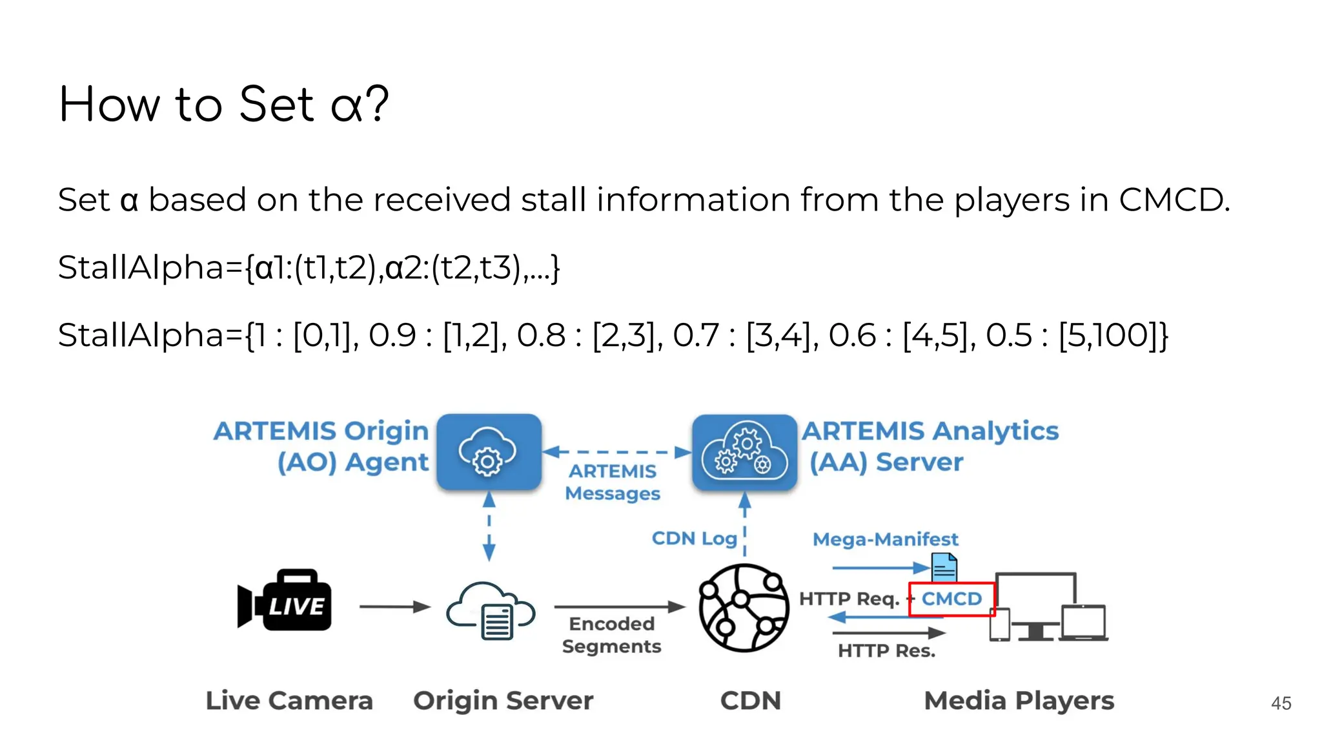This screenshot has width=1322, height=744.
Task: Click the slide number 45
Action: pyautogui.click(x=1281, y=703)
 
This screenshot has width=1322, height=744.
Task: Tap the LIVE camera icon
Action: pyautogui.click(x=285, y=600)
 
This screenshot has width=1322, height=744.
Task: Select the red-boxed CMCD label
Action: pyautogui.click(x=951, y=599)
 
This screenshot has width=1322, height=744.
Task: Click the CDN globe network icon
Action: pyautogui.click(x=744, y=608)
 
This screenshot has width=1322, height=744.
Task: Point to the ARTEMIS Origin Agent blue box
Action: pyautogui.click(x=489, y=452)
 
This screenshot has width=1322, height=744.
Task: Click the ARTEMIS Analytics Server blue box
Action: pyautogui.click(x=744, y=452)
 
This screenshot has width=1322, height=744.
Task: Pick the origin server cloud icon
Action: pyautogui.click(x=491, y=610)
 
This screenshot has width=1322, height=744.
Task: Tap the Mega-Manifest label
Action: pyautogui.click(x=885, y=539)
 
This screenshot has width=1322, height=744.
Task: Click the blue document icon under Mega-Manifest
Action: pyautogui.click(x=944, y=568)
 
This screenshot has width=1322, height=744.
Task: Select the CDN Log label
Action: pyautogui.click(x=694, y=538)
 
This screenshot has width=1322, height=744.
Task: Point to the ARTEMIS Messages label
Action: pyautogui.click(x=613, y=482)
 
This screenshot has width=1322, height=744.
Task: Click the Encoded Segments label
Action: pyautogui.click(x=611, y=635)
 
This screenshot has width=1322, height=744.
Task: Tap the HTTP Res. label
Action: pyautogui.click(x=886, y=650)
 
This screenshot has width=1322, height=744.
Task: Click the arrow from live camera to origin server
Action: pyautogui.click(x=394, y=606)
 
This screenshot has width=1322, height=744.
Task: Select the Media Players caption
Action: pyautogui.click(x=1019, y=701)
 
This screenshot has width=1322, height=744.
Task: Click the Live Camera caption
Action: pyautogui.click(x=289, y=701)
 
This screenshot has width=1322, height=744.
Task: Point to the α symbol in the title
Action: pyautogui.click(x=346, y=105)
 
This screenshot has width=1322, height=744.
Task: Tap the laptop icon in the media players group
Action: pyautogui.click(x=1084, y=623)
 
